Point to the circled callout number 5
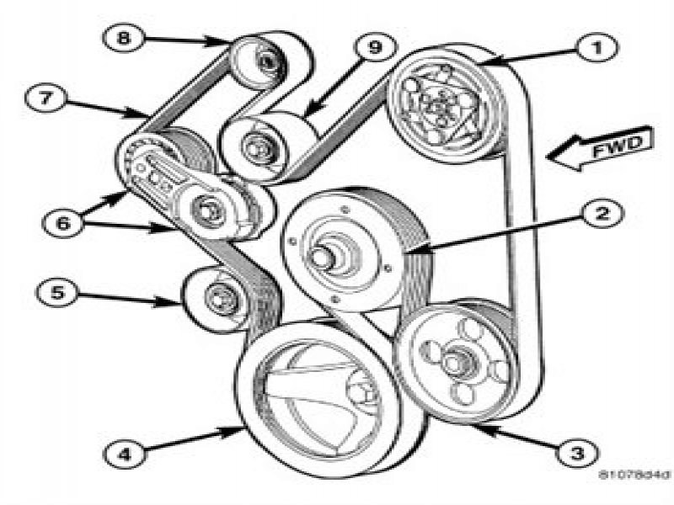point(56,294)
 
